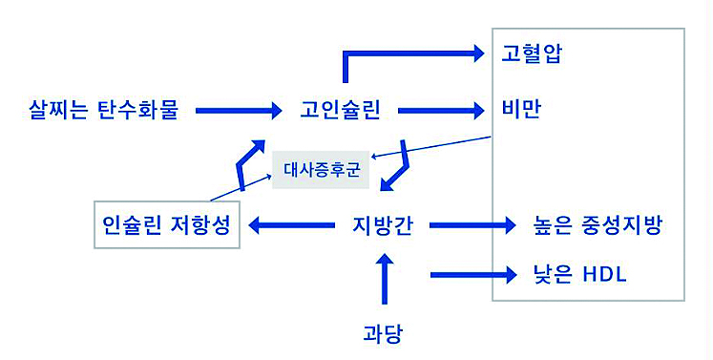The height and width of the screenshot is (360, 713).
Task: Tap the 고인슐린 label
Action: (x=340, y=110)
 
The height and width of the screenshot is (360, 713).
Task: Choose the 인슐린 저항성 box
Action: (x=166, y=225)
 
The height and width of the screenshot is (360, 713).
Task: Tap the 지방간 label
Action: (x=382, y=226)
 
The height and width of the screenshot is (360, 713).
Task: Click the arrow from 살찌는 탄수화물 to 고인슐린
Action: (x=233, y=111)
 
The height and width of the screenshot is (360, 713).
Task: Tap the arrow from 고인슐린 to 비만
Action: (x=439, y=111)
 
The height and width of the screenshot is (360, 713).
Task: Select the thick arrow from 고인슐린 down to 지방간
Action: (x=400, y=164)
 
